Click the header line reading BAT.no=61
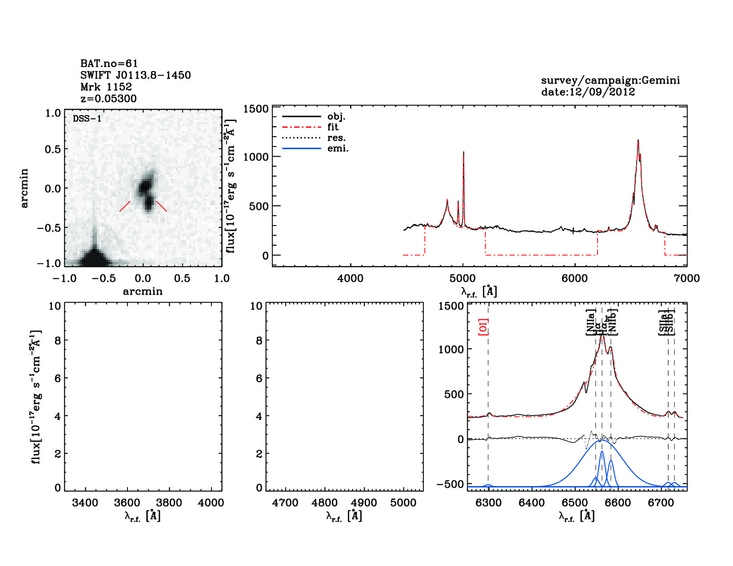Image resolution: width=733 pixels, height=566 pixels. pos(109,64)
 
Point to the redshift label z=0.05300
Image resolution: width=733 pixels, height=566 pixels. pos(108,99)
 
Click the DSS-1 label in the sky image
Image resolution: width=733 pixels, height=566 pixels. pos(87,119)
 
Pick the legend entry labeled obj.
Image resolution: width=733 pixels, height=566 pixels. pos(336,117)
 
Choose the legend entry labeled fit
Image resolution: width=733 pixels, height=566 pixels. pos(333,127)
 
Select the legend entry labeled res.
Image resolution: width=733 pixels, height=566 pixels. pos(336,138)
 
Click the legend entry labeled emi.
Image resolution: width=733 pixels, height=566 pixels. pos(338,149)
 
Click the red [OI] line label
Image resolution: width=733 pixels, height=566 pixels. pos(483,327)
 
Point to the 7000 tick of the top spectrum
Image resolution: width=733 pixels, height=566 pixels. pos(686,279)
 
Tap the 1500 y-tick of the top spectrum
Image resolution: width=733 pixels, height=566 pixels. pos(256,109)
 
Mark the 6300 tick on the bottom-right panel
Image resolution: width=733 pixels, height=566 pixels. pos(488,503)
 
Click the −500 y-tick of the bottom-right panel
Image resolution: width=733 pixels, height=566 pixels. pos(450,484)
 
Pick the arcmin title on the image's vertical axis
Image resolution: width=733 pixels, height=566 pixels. pos(24,188)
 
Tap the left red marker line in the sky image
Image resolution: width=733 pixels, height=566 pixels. pos(125,206)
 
